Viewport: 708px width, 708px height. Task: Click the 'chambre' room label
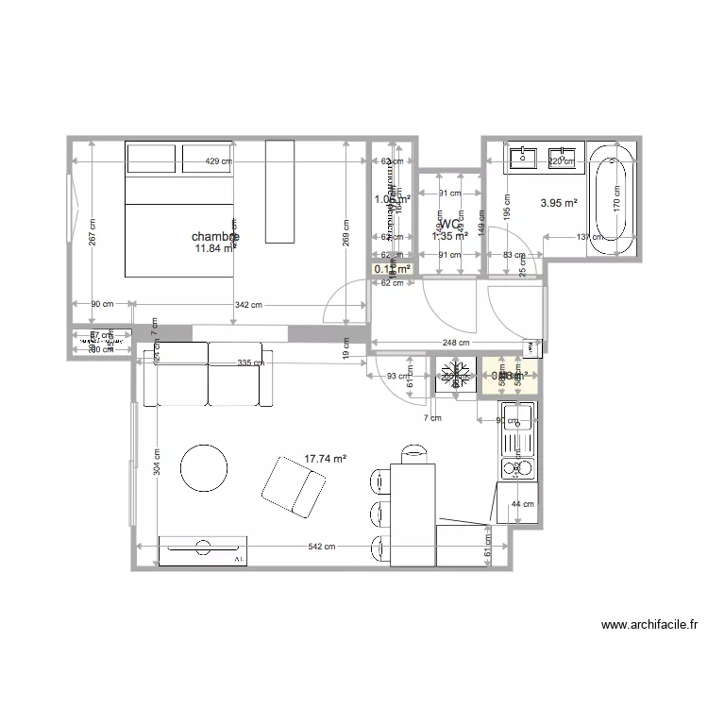[x=214, y=237]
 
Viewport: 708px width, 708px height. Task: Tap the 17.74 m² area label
[x=325, y=460]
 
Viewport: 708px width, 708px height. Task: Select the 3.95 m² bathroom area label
[x=558, y=202]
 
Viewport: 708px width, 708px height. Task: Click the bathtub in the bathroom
[x=613, y=199]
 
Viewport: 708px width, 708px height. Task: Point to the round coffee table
[x=204, y=465]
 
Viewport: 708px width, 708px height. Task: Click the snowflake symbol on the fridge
[x=455, y=376]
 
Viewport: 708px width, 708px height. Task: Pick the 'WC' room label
[x=449, y=225]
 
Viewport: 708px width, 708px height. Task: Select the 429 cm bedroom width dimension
[x=218, y=162]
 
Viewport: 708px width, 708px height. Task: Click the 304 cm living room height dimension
[x=157, y=461]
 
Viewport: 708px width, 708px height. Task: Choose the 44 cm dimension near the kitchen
[x=522, y=505]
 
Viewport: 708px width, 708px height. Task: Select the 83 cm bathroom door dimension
[x=514, y=255]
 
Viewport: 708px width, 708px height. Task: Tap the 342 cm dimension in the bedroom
[x=250, y=305]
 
